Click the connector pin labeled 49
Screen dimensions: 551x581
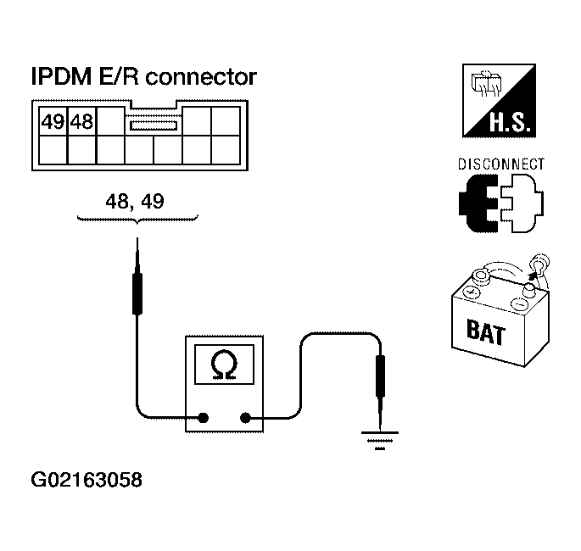point(53,122)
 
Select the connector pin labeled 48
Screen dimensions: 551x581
point(81,122)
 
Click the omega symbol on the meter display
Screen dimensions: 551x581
point(225,365)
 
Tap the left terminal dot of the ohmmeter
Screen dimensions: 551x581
point(204,417)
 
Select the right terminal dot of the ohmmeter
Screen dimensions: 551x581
point(246,417)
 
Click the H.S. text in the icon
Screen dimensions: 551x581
point(509,125)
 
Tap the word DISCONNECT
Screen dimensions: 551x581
point(500,164)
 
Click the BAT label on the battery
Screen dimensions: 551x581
point(486,330)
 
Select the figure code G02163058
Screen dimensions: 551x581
point(87,481)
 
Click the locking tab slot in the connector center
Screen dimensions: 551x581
point(153,125)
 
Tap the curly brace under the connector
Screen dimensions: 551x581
point(137,220)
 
